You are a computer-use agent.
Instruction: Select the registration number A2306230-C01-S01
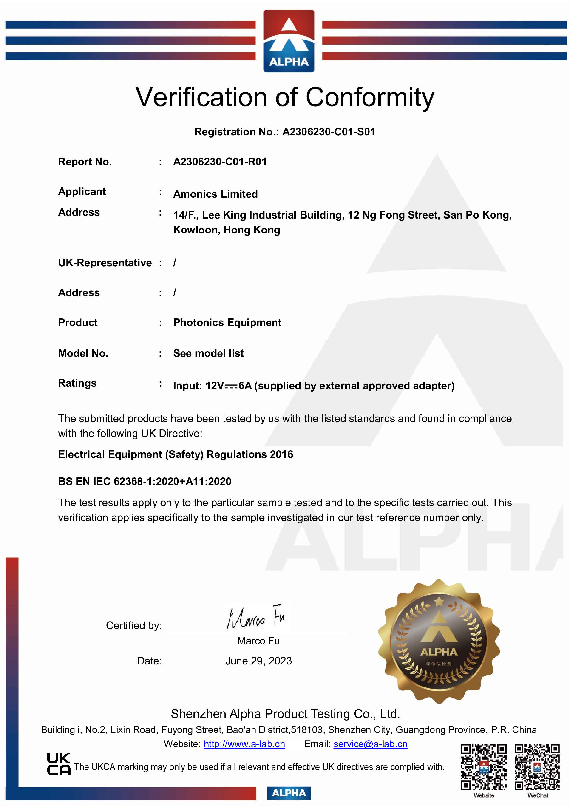pyautogui.click(x=329, y=132)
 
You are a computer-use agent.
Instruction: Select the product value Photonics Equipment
pyautogui.click(x=227, y=323)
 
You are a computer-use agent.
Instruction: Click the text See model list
pyautogui.click(x=208, y=354)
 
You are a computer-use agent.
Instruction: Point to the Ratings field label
pyautogui.click(x=77, y=383)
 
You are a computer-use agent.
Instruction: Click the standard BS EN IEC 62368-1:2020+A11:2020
pyautogui.click(x=145, y=481)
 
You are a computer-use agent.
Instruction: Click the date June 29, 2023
pyautogui.click(x=258, y=661)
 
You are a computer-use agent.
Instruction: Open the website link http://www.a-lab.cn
pyautogui.click(x=244, y=744)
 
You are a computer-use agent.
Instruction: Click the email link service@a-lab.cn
pyautogui.click(x=370, y=744)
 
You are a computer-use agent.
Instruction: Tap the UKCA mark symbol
pyautogui.click(x=59, y=764)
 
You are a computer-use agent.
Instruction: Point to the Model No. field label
pyautogui.click(x=83, y=354)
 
